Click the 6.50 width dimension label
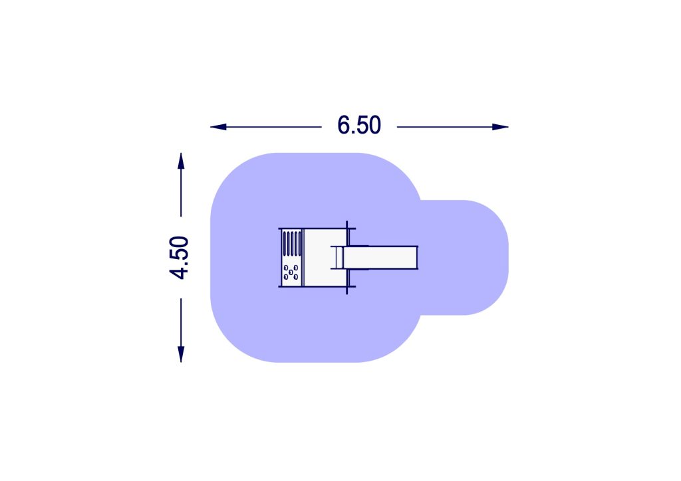[x=359, y=125]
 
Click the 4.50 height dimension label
[x=180, y=257]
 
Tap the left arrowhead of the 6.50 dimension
[x=218, y=127]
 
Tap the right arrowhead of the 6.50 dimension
[x=500, y=127]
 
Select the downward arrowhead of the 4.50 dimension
[x=181, y=354]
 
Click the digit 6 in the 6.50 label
[x=344, y=125]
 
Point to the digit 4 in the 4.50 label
[x=180, y=272]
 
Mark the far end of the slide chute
[x=417, y=257]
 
